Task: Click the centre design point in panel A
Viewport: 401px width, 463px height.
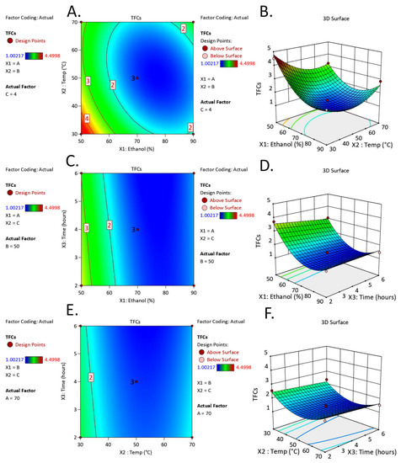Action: click(x=136, y=77)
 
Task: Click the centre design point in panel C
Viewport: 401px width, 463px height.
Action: click(x=136, y=229)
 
